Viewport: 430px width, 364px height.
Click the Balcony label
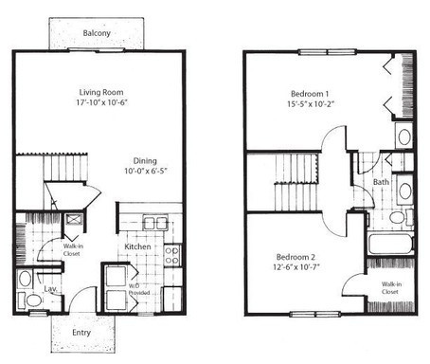coord(97,33)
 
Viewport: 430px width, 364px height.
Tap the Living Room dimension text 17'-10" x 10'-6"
coord(101,102)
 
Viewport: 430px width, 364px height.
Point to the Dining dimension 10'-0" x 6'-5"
coord(145,171)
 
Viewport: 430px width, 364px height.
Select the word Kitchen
coord(137,246)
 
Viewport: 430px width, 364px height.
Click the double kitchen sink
coord(155,223)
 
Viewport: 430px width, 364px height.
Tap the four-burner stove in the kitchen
coord(171,255)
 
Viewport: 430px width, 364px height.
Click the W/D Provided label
coord(139,289)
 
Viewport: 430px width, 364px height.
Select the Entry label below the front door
coord(81,333)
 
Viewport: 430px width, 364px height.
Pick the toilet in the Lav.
coord(30,300)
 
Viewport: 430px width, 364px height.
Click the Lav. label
coord(50,288)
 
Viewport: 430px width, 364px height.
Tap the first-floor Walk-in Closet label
coord(73,250)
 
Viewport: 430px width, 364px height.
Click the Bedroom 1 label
coord(310,94)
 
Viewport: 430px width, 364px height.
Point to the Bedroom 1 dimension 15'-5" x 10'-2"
coord(311,104)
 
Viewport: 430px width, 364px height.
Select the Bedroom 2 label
coord(296,257)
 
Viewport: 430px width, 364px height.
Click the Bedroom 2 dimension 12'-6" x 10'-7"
coord(296,267)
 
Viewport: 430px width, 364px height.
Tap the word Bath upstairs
coord(381,182)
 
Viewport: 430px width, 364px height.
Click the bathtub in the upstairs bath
coord(391,244)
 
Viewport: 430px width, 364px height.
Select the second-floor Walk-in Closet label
coord(391,288)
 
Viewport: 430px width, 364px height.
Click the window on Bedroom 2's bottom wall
coord(315,314)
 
